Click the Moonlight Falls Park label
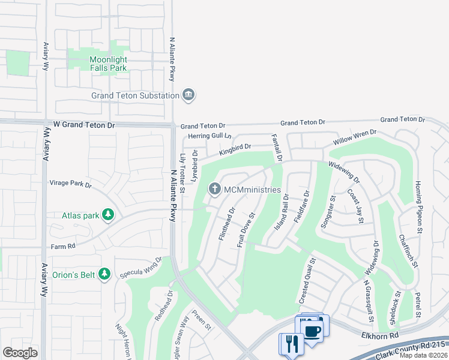108,64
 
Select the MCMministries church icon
214,190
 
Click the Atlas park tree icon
107,215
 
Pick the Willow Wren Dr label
355,139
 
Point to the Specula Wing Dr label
142,268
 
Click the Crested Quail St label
306,280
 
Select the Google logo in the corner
20,353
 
